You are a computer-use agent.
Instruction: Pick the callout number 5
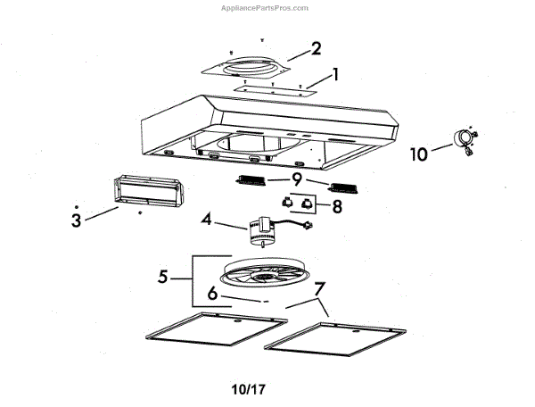(x=162, y=278)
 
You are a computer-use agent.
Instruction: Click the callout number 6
(x=211, y=293)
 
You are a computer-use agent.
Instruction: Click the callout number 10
(x=419, y=154)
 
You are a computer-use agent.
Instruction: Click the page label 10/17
(x=249, y=390)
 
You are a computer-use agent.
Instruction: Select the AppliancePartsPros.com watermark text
(x=265, y=7)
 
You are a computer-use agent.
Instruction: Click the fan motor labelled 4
(x=265, y=230)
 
